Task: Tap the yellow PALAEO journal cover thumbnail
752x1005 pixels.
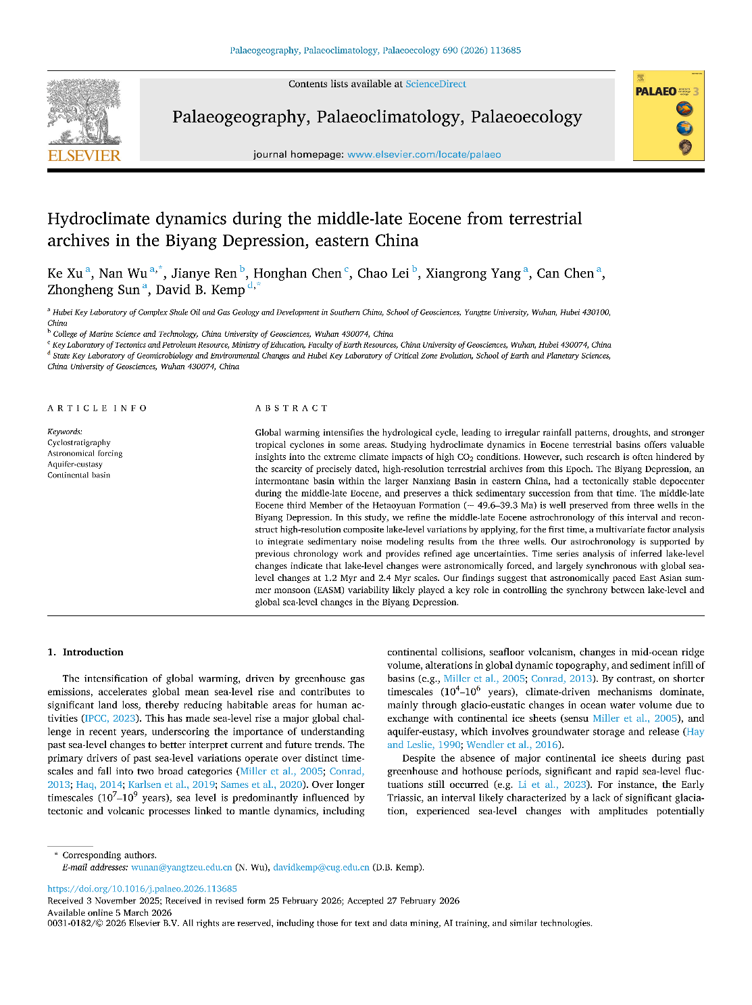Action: (668, 116)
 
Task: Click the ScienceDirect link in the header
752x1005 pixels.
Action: (435, 84)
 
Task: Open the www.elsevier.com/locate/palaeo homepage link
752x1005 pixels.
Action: (424, 154)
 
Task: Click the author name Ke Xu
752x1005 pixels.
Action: (65, 273)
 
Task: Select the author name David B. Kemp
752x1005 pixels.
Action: (200, 289)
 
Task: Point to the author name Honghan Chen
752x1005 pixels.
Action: (297, 273)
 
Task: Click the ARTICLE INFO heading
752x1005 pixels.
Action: (97, 408)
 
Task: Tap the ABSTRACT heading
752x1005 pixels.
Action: (291, 408)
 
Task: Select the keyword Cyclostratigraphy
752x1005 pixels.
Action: (78, 442)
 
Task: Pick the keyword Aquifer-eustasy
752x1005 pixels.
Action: (74, 464)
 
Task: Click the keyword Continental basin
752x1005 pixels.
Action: (78, 475)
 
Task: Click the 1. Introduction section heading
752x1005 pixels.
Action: (85, 652)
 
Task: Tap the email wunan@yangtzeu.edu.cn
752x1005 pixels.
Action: (181, 867)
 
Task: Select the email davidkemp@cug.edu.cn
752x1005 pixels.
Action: (321, 867)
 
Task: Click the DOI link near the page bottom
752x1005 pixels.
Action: (142, 889)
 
